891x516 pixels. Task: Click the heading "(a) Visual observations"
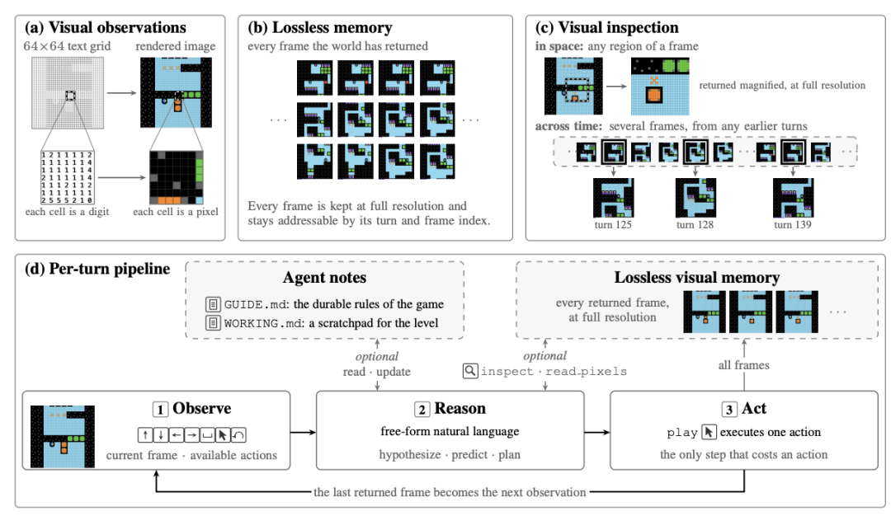(105, 28)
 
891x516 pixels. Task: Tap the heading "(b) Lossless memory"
(320, 28)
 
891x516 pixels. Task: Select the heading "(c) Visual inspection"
(607, 28)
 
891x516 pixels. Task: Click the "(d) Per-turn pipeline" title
(97, 269)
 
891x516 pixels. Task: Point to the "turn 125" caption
(613, 225)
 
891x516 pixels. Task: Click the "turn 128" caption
(695, 225)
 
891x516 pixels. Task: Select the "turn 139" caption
(793, 225)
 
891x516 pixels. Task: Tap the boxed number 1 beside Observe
(160, 410)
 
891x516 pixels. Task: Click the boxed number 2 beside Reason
(422, 410)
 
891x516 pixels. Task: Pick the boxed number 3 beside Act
(729, 410)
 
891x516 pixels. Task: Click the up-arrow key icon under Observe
(145, 435)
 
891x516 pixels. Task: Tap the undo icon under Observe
(238, 435)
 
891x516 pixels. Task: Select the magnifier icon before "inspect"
(470, 371)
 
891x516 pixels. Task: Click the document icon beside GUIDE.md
(213, 304)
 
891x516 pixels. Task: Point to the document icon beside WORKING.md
(213, 323)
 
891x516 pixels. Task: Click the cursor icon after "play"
(709, 432)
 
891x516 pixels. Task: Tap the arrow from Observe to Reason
(303, 433)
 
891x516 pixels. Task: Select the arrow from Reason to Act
(597, 433)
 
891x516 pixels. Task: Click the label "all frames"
(744, 366)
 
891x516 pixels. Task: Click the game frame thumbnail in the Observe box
(63, 437)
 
